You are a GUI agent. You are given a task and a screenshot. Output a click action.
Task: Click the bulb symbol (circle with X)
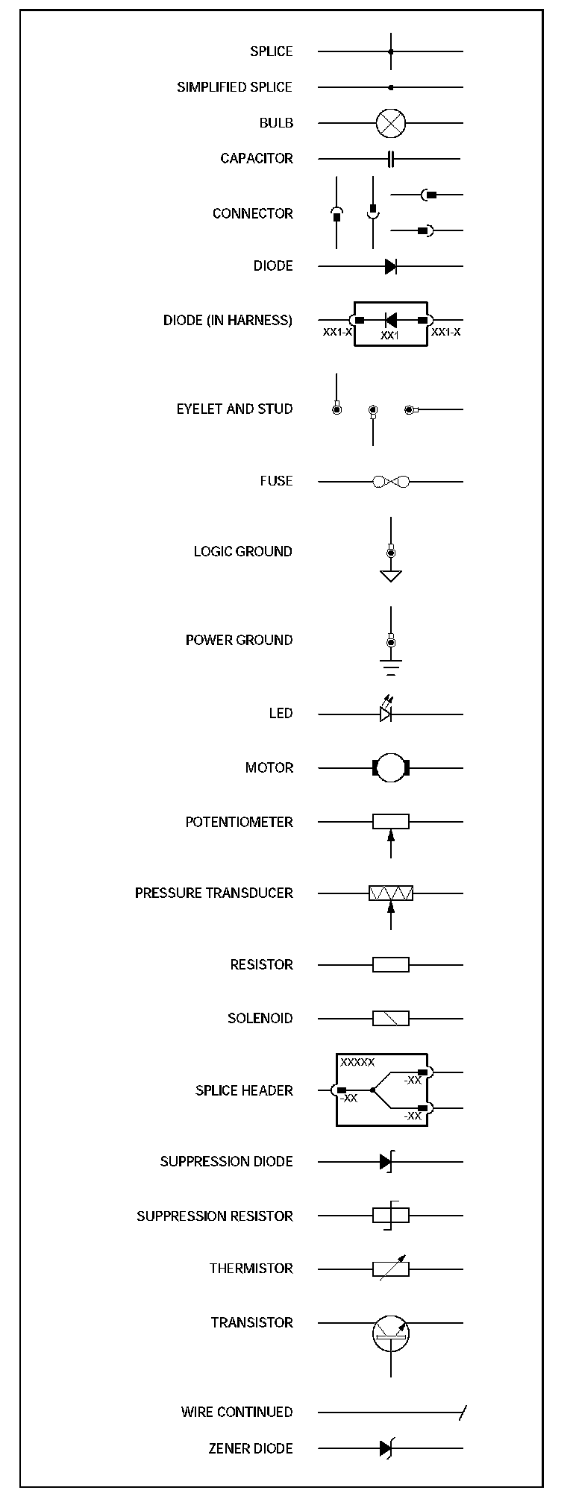point(390,123)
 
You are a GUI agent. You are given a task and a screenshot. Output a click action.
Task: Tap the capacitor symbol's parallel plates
point(390,158)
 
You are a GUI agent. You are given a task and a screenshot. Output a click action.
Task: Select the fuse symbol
point(391,482)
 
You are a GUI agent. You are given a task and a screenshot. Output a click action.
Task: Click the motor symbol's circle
point(390,767)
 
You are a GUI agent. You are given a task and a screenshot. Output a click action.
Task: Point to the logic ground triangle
point(390,575)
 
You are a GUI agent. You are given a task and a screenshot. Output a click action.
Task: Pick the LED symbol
point(386,712)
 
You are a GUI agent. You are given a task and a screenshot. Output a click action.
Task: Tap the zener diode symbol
point(386,1448)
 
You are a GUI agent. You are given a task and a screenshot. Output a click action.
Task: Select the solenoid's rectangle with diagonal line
point(390,1018)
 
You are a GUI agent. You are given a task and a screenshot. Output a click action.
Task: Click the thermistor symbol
point(390,1268)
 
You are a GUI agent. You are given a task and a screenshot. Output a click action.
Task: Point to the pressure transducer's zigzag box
point(390,893)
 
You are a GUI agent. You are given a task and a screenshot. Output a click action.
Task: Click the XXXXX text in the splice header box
point(357,1062)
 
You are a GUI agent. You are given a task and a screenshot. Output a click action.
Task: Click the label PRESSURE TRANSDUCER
point(214,893)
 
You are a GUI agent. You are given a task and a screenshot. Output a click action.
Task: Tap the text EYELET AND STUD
point(234,409)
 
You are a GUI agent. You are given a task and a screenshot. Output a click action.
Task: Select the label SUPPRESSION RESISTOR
point(215,1216)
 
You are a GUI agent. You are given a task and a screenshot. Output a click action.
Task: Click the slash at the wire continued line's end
point(463,1412)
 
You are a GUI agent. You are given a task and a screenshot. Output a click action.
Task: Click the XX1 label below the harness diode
point(390,336)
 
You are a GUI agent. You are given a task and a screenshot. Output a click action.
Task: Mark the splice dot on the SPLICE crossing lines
point(390,51)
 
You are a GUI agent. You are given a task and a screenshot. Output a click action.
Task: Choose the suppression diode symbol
point(386,1161)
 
